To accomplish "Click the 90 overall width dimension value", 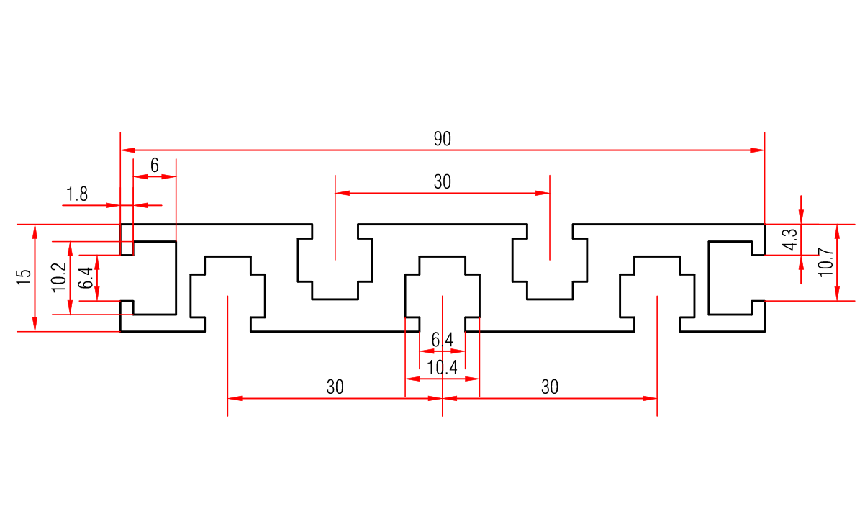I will pos(442,139).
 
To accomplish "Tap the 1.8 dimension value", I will pos(77,194).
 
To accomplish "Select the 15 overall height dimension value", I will pos(24,278).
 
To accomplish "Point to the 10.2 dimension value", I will pos(59,278).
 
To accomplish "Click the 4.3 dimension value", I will pos(789,239).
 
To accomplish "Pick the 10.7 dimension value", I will pos(825,262).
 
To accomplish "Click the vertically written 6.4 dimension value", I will pos(86,278).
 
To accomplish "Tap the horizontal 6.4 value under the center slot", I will pos(442,339).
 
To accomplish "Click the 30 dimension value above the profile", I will pos(442,182).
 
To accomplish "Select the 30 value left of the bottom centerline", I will pos(335,387).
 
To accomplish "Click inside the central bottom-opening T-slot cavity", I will pos(442,288).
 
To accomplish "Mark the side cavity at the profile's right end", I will pos(730,278).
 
